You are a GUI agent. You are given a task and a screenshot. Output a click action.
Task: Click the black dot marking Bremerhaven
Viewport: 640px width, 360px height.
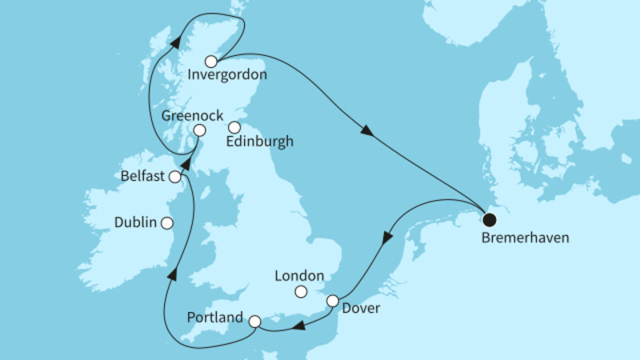490,217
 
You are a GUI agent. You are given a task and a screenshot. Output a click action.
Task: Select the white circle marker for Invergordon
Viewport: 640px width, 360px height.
210,62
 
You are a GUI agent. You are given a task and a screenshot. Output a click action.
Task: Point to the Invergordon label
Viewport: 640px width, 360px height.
227,78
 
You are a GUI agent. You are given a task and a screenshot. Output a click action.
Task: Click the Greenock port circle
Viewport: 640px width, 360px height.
198,130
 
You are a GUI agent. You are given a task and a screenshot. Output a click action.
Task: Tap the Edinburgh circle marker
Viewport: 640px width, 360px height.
234,126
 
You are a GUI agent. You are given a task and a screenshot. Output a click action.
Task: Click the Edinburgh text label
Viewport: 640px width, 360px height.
261,142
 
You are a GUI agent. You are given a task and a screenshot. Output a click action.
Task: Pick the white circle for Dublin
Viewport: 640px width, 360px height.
167,223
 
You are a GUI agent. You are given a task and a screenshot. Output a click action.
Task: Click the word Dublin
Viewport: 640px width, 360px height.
135,223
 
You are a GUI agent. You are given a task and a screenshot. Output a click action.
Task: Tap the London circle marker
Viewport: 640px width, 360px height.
301,291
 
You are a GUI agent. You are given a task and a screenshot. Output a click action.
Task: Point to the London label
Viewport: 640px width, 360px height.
298,275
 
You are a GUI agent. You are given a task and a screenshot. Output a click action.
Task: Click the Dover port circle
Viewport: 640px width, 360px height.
333,301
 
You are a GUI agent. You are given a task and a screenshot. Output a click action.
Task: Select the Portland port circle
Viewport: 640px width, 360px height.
254,322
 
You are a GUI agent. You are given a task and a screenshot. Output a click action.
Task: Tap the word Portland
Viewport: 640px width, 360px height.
214,318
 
